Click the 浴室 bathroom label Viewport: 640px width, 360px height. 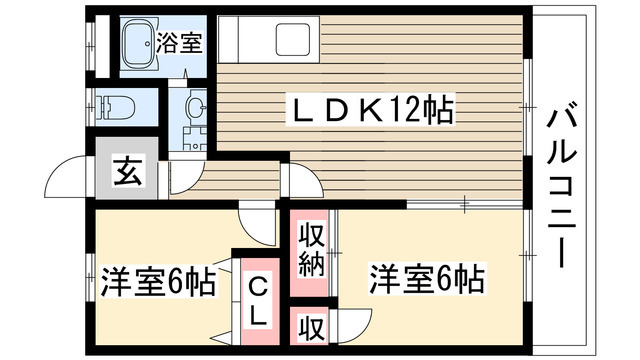coord(180,43)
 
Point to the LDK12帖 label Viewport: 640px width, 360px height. coord(370,109)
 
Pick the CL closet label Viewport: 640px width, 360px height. coord(257,300)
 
